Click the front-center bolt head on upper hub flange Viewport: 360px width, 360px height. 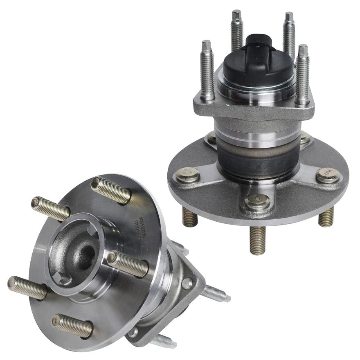(x=257, y=202)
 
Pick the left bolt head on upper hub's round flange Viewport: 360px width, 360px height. (x=188, y=175)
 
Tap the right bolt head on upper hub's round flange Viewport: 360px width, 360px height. (x=328, y=175)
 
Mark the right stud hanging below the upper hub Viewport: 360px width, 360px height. (x=326, y=217)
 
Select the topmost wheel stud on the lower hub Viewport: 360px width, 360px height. (x=111, y=190)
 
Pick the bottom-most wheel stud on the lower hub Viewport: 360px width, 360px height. (x=72, y=325)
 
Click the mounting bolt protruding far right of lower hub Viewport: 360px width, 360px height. (x=214, y=293)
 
